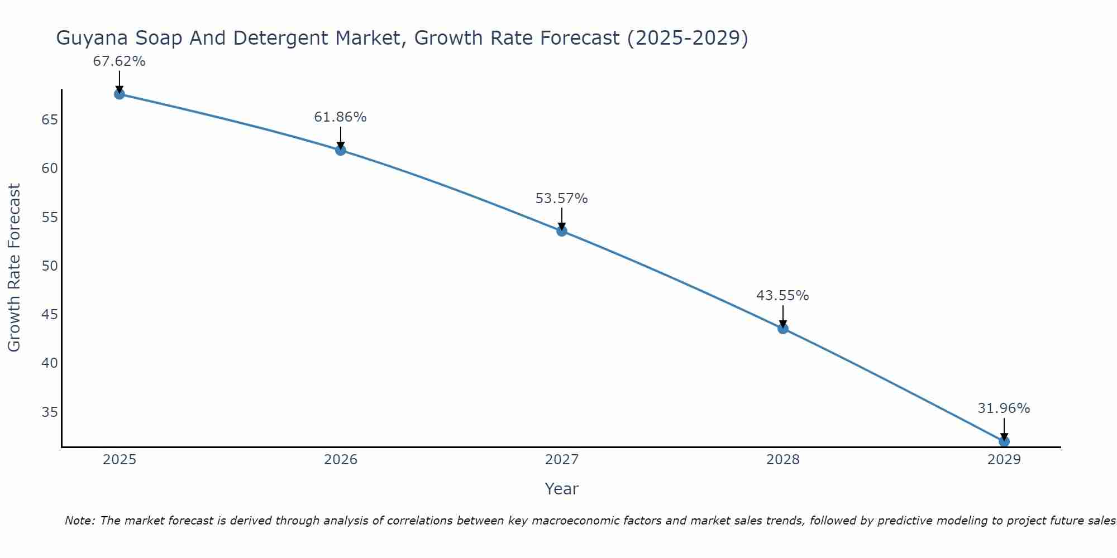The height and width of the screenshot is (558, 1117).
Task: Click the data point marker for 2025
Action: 119,94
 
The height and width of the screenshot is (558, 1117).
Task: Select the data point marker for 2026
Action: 341,150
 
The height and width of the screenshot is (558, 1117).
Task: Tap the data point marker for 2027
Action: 562,230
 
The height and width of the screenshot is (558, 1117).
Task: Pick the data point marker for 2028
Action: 783,328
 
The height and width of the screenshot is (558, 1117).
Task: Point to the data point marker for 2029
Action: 1004,441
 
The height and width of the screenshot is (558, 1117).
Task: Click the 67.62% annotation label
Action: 119,61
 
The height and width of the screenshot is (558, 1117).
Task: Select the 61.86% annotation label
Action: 340,117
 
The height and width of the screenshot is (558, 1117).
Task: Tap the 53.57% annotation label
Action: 561,199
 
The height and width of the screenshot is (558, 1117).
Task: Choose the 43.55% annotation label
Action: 782,296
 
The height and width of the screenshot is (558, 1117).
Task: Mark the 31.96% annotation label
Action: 1004,408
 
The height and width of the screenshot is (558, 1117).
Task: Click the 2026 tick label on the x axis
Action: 341,460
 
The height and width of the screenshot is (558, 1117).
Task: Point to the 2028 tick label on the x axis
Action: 783,460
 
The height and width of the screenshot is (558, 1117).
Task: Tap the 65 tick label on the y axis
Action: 50,120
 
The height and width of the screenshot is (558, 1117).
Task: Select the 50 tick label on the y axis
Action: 50,266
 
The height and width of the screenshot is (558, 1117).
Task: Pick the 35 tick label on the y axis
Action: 50,412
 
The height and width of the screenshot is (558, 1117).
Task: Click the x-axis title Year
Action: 561,489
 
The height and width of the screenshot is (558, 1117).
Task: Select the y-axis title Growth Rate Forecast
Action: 14,267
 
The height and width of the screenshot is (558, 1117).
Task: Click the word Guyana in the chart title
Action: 91,38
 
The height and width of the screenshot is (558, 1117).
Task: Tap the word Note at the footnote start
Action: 80,521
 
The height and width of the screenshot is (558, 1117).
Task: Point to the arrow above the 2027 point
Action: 562,218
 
